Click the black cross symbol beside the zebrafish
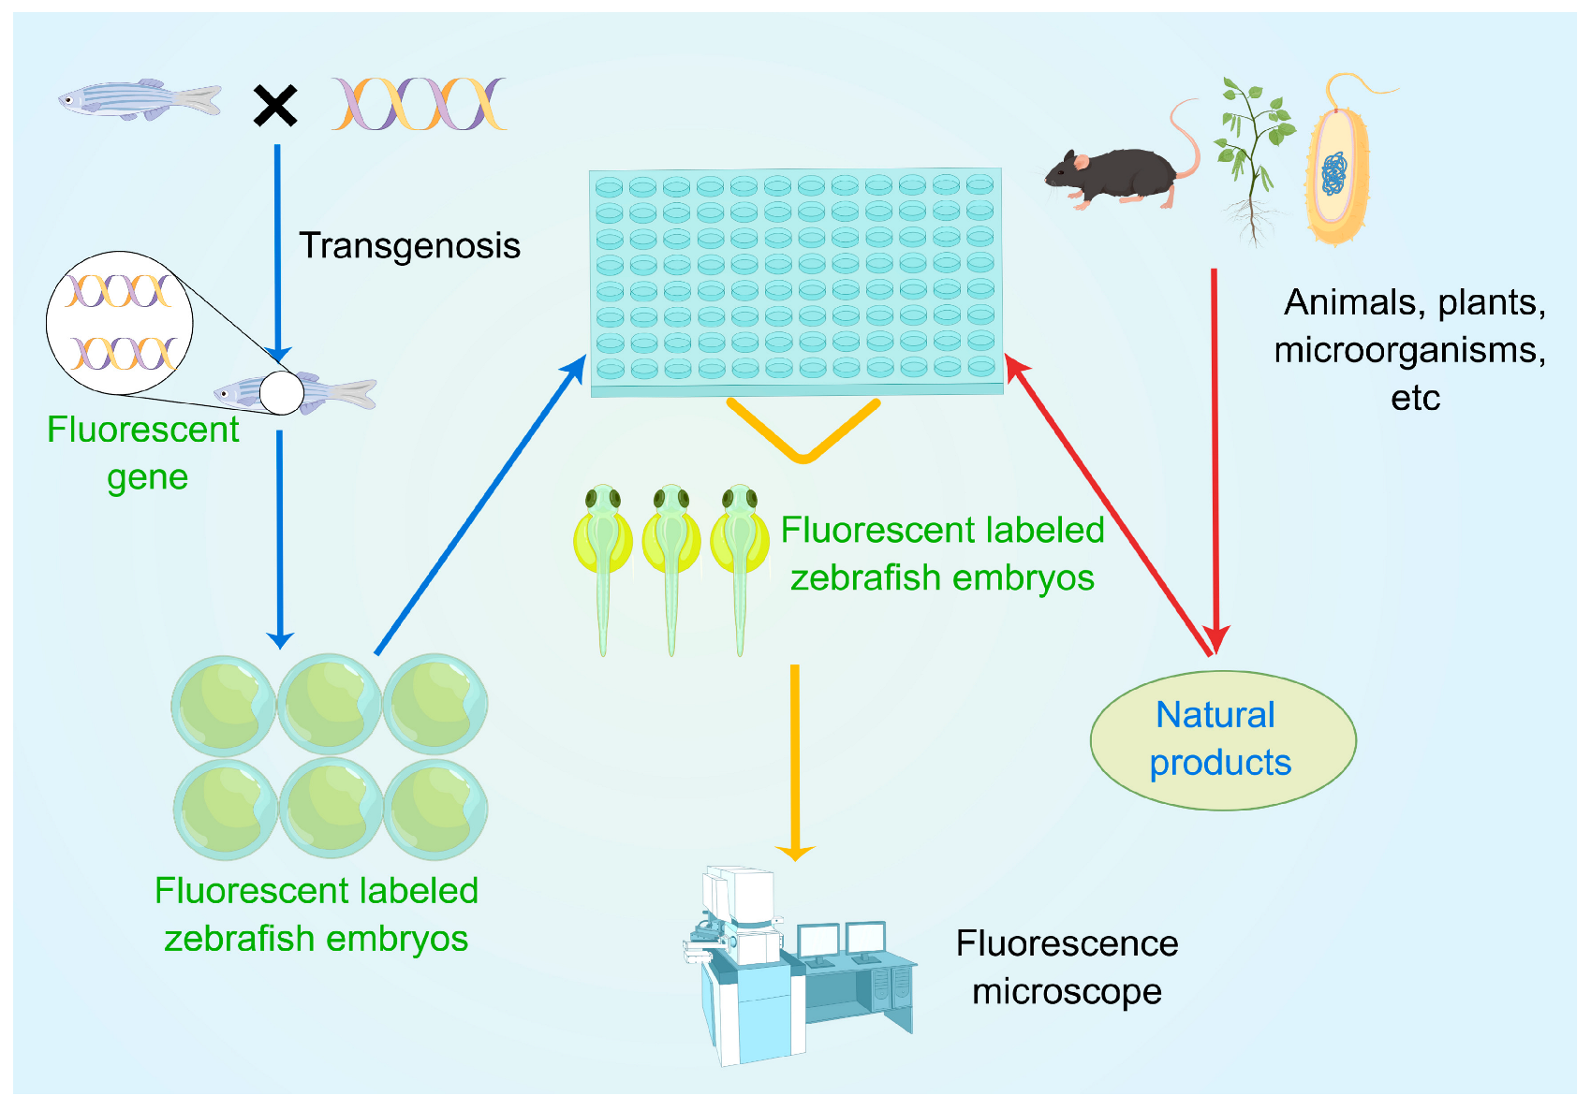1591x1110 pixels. (x=275, y=105)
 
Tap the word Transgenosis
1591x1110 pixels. (x=409, y=245)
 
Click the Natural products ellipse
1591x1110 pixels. (x=1222, y=739)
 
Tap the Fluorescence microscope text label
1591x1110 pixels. (x=1067, y=967)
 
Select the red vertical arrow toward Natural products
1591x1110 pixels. (x=1215, y=449)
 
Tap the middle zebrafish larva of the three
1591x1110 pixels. (x=671, y=562)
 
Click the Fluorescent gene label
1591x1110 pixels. (x=144, y=453)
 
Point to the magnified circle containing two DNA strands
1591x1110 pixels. (x=120, y=323)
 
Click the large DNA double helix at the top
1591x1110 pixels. (x=419, y=104)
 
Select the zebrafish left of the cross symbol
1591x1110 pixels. (x=139, y=98)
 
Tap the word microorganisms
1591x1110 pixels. (x=1408, y=350)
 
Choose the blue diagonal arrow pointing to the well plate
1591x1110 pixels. (x=479, y=505)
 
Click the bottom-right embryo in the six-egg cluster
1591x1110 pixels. (x=435, y=810)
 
